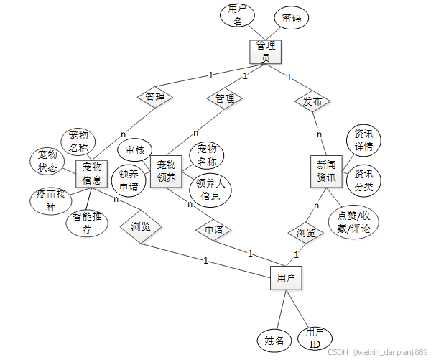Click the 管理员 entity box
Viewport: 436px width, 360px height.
pos(264,51)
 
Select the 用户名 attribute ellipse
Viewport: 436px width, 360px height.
pos(237,16)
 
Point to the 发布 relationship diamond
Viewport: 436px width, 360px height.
pos(312,101)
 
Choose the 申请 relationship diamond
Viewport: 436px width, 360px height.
pos(213,230)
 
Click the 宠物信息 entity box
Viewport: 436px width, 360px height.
pos(91,174)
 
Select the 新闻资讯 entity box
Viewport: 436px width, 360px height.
pos(326,170)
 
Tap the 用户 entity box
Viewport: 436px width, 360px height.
pos(285,277)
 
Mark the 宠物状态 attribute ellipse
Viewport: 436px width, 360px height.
pos(47,162)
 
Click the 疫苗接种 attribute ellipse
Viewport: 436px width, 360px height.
pos(50,201)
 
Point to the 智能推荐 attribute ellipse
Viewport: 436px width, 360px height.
pos(87,223)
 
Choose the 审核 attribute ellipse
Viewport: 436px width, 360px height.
pos(135,151)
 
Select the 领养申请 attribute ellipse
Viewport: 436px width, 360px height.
pos(129,180)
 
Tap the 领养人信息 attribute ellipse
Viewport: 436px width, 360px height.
pos(210,188)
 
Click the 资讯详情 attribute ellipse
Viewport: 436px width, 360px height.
pos(363,141)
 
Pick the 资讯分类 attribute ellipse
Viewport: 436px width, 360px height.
pos(363,180)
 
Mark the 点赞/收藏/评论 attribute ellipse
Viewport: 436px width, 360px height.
pos(353,222)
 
